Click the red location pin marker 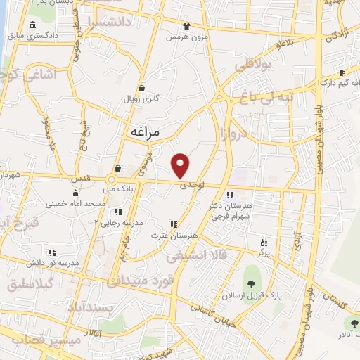click(181, 165)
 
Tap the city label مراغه click(146, 131)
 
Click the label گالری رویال click(141, 100)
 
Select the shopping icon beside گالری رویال click(142, 89)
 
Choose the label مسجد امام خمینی click(75, 203)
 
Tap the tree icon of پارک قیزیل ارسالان click(249, 284)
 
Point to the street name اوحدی click(192, 185)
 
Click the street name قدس click(81, 179)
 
